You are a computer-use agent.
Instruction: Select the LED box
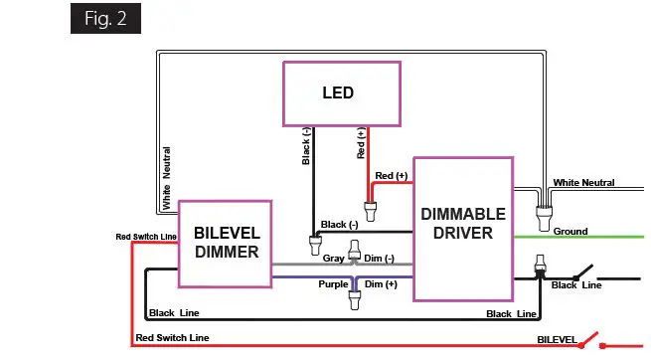pos(341,94)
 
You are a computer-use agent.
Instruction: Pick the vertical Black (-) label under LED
pos(305,147)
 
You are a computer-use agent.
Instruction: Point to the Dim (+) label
pos(384,285)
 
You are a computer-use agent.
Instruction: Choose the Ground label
pos(570,232)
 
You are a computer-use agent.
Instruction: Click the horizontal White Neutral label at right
pos(584,183)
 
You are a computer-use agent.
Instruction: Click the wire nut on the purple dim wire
pos(355,295)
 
